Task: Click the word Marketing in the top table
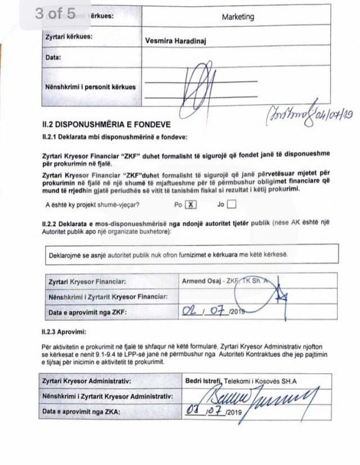click(x=237, y=17)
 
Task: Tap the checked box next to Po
click(x=191, y=205)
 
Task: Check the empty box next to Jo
click(x=231, y=205)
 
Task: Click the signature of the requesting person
click(x=200, y=85)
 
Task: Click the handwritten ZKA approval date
click(x=205, y=412)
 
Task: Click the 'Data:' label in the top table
click(x=53, y=57)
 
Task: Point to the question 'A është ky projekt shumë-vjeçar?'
click(x=93, y=205)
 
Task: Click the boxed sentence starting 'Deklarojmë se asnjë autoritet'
click(x=169, y=254)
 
